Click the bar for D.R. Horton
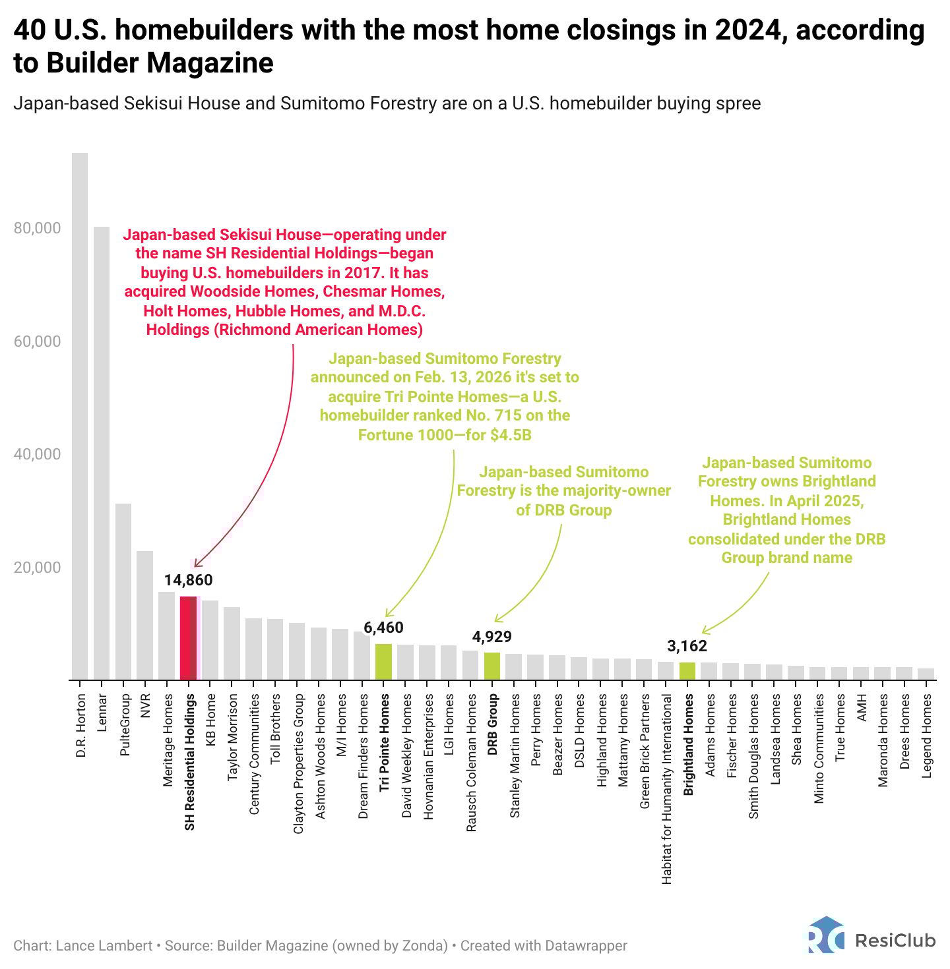tap(80, 415)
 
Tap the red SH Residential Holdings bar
tap(189, 637)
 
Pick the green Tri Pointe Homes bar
tap(383, 661)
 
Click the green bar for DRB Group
tap(492, 666)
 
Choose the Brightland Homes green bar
tap(687, 670)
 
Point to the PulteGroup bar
tap(123, 591)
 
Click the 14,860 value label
tap(189, 580)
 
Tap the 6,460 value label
tap(383, 628)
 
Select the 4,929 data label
tap(492, 637)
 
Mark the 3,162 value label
tap(687, 646)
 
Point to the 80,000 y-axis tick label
tap(37, 228)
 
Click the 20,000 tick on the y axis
tap(37, 568)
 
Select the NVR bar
tap(145, 615)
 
